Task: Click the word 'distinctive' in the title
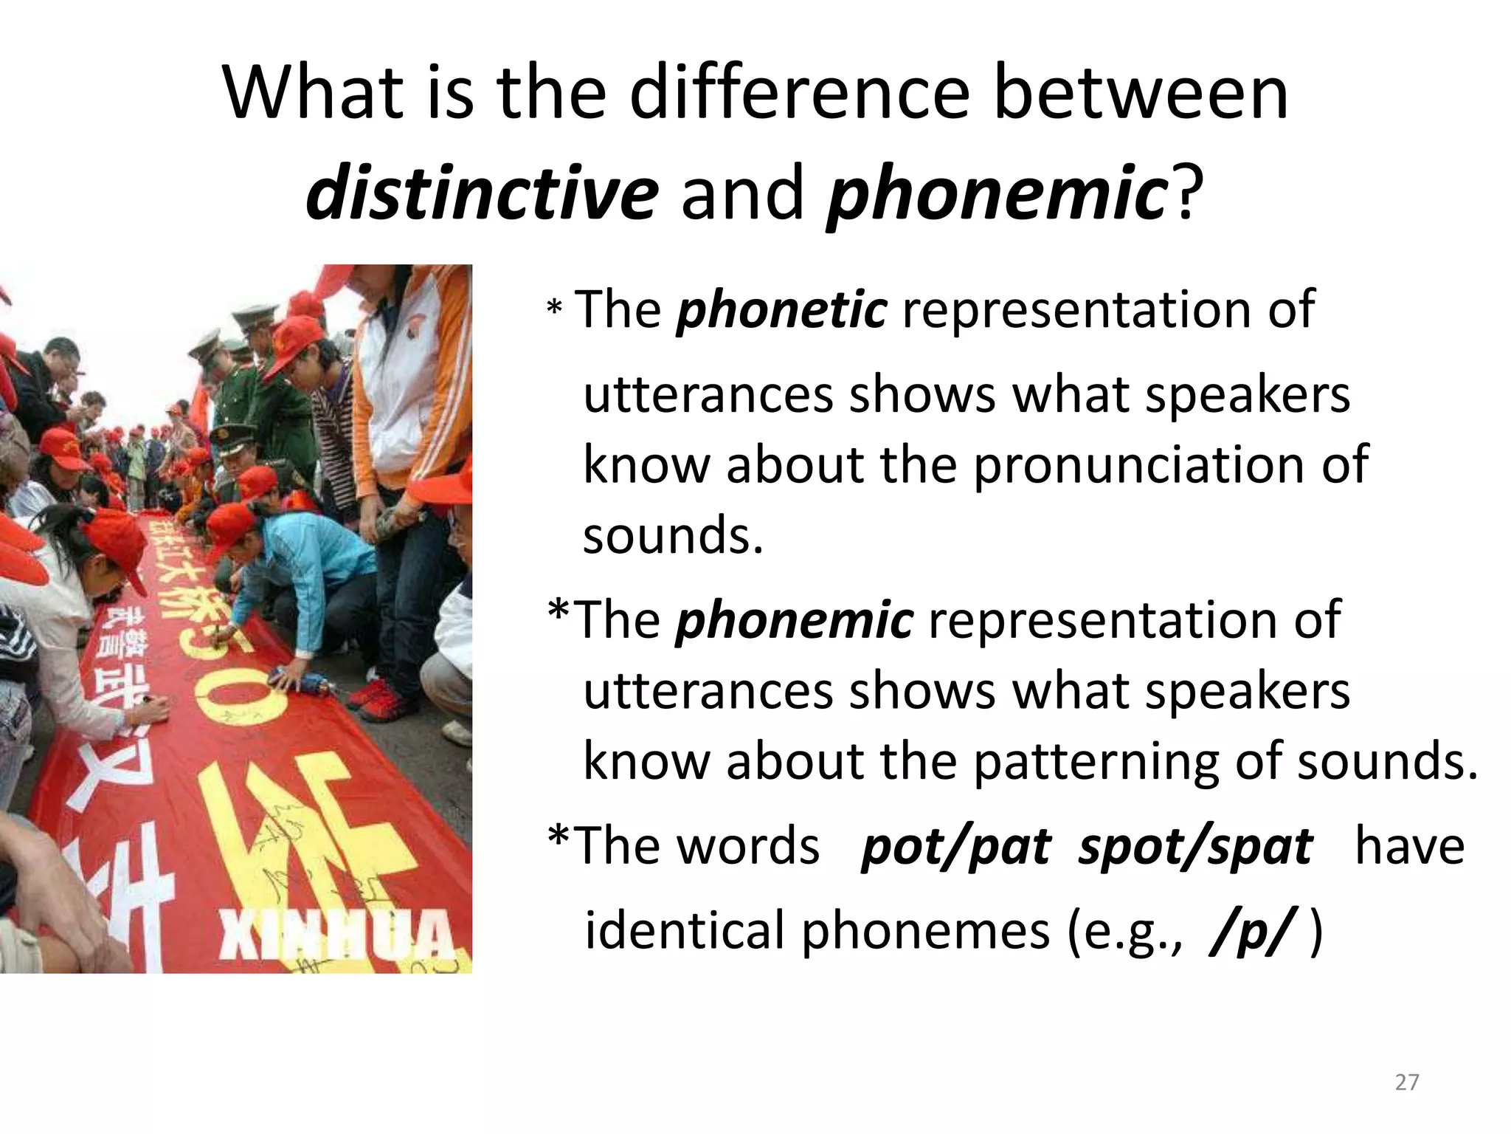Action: pyautogui.click(x=482, y=193)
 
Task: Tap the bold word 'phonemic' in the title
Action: pyautogui.click(x=997, y=193)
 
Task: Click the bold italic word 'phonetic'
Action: pyautogui.click(x=782, y=310)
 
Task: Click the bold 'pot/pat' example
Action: pyautogui.click(x=956, y=847)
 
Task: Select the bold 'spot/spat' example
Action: pyautogui.click(x=1195, y=847)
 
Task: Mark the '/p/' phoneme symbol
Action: pyautogui.click(x=1252, y=932)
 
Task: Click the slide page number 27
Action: pyautogui.click(x=1407, y=1082)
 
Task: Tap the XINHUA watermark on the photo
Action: pyautogui.click(x=336, y=936)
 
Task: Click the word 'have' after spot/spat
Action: pyautogui.click(x=1409, y=847)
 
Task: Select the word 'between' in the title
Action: pyautogui.click(x=1141, y=94)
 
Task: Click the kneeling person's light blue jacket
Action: pyautogui.click(x=310, y=568)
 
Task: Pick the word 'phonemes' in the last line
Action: pyautogui.click(x=925, y=932)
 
